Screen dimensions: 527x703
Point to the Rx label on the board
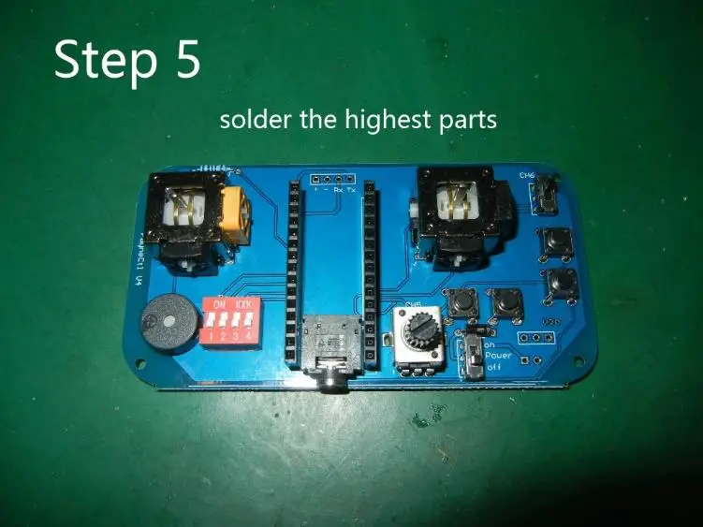pyautogui.click(x=338, y=189)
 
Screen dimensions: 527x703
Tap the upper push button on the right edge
pyautogui.click(x=559, y=242)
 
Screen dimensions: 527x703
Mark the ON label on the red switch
pyautogui.click(x=220, y=305)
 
